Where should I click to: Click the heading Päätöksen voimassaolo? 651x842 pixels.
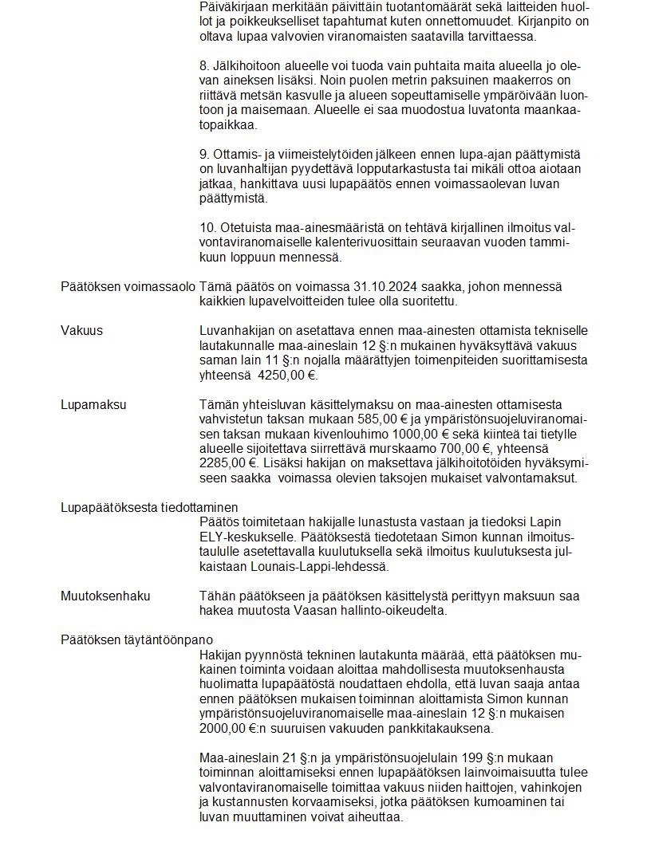click(x=128, y=285)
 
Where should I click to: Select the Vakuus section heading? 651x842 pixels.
click(x=81, y=331)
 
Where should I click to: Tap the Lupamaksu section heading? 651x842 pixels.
click(x=93, y=404)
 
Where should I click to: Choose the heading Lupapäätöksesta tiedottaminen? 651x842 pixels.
click(x=149, y=508)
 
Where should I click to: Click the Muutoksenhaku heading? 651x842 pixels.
click(x=105, y=596)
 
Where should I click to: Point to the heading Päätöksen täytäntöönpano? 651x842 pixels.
click(x=136, y=639)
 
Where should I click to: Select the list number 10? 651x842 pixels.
click(x=207, y=227)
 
